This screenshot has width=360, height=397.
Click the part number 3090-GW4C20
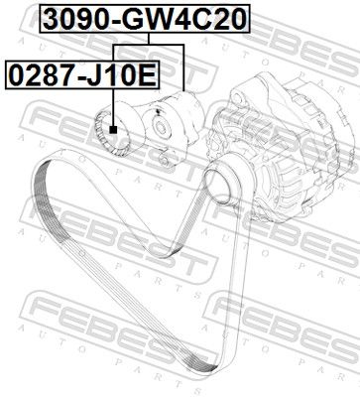pyautogui.click(x=145, y=19)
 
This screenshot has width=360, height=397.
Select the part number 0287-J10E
pyautogui.click(x=82, y=74)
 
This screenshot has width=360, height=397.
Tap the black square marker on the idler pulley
pyautogui.click(x=114, y=130)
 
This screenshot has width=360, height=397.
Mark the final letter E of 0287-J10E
pyautogui.click(x=147, y=74)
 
